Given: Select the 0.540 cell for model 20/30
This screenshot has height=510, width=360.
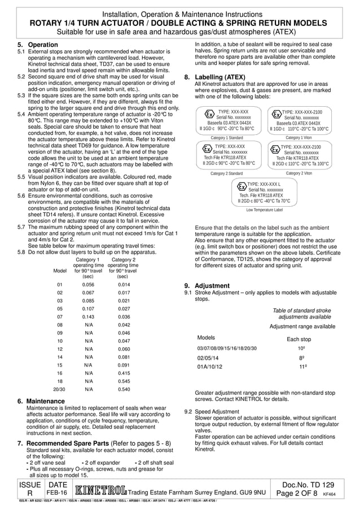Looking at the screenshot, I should coord(122,389).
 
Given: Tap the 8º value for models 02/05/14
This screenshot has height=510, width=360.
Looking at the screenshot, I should coord(302,358).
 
